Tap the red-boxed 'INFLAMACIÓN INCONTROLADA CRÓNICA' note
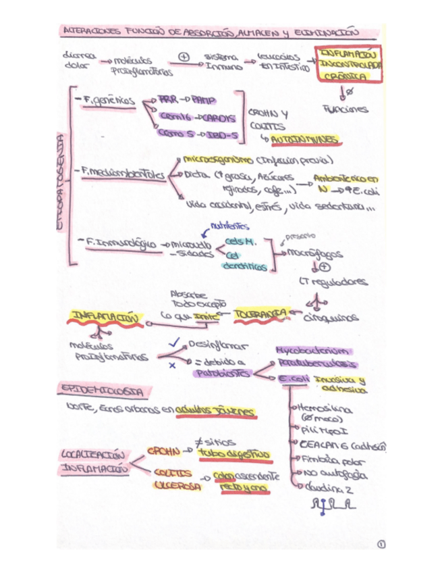pos(350,64)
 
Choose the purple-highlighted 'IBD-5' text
pos(222,134)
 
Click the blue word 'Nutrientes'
pos(229,226)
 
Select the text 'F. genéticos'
pos(110,100)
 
